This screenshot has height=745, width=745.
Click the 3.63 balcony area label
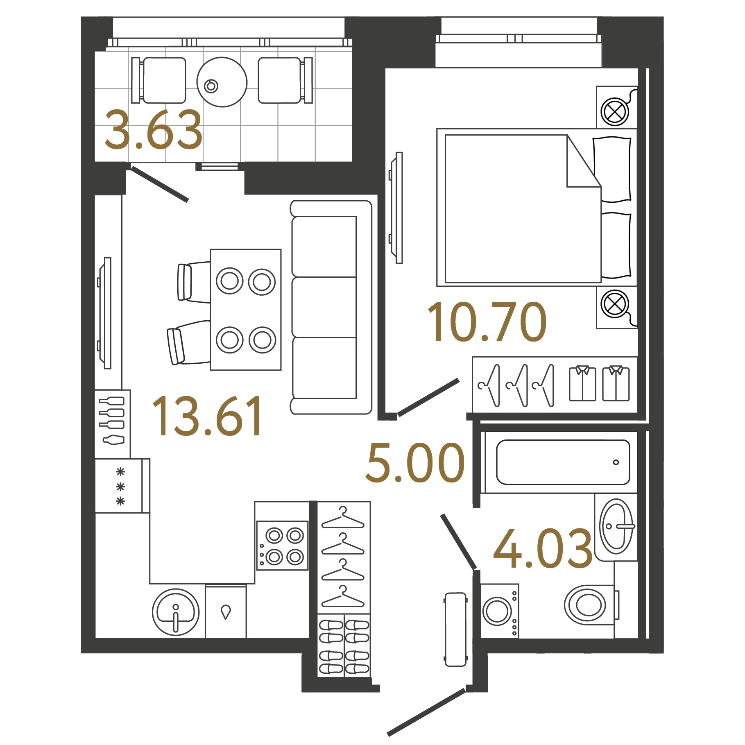click(x=154, y=129)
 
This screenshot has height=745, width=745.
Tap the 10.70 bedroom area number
click(x=487, y=322)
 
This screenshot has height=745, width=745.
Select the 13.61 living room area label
click(x=207, y=416)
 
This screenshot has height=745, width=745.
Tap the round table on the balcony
click(x=222, y=82)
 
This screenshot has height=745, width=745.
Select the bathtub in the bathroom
click(x=563, y=462)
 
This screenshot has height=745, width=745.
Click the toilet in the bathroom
click(x=591, y=605)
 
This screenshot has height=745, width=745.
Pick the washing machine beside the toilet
click(x=500, y=610)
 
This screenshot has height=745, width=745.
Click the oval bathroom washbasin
click(x=616, y=526)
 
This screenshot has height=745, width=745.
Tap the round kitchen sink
click(x=176, y=612)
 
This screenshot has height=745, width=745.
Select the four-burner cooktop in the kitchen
click(x=282, y=546)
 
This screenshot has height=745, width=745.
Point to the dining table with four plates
click(x=246, y=310)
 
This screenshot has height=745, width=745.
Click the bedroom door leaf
click(x=428, y=397)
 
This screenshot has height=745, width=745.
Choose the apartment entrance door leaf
click(x=426, y=713)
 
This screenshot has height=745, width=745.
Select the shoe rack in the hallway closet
click(x=344, y=645)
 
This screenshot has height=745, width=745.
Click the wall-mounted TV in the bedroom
click(x=396, y=208)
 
